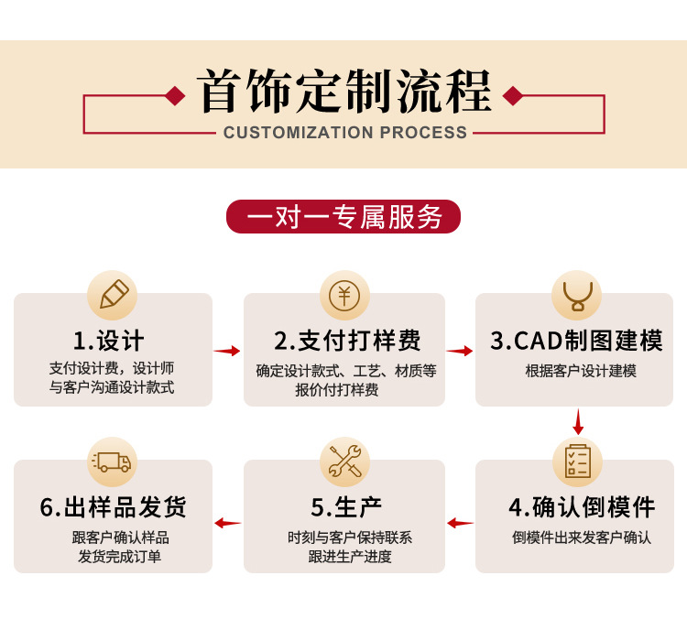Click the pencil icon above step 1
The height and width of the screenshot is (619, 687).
pyautogui.click(x=113, y=295)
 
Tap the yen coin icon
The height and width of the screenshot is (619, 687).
pyautogui.click(x=344, y=295)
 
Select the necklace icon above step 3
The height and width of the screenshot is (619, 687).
pyautogui.click(x=577, y=295)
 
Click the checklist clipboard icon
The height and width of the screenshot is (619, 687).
pyautogui.click(x=577, y=462)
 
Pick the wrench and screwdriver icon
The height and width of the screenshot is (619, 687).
pyautogui.click(x=344, y=462)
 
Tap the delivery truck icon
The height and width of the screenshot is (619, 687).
pyautogui.click(x=113, y=462)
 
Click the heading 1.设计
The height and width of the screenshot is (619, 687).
pyautogui.click(x=109, y=342)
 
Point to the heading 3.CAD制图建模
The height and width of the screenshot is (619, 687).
pyautogui.click(x=576, y=342)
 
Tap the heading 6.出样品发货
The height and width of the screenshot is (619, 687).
pyautogui.click(x=114, y=506)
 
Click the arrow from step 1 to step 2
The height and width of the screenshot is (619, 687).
pyautogui.click(x=227, y=351)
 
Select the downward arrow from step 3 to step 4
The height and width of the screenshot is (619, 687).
pyautogui.click(x=578, y=423)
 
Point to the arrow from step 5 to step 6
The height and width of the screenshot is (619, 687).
pyautogui.click(x=227, y=523)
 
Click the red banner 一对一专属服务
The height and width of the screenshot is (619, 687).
pyautogui.click(x=343, y=217)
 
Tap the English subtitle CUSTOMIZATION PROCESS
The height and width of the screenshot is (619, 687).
pyautogui.click(x=345, y=133)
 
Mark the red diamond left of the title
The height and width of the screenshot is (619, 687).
pyautogui.click(x=175, y=95)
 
